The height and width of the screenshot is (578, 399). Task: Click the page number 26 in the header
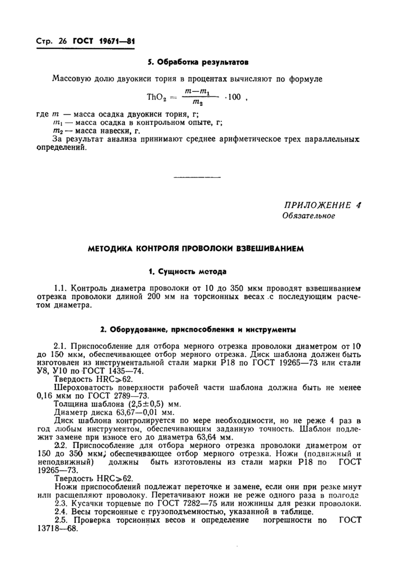(62, 42)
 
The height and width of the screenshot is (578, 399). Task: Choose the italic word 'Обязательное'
(309, 216)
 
